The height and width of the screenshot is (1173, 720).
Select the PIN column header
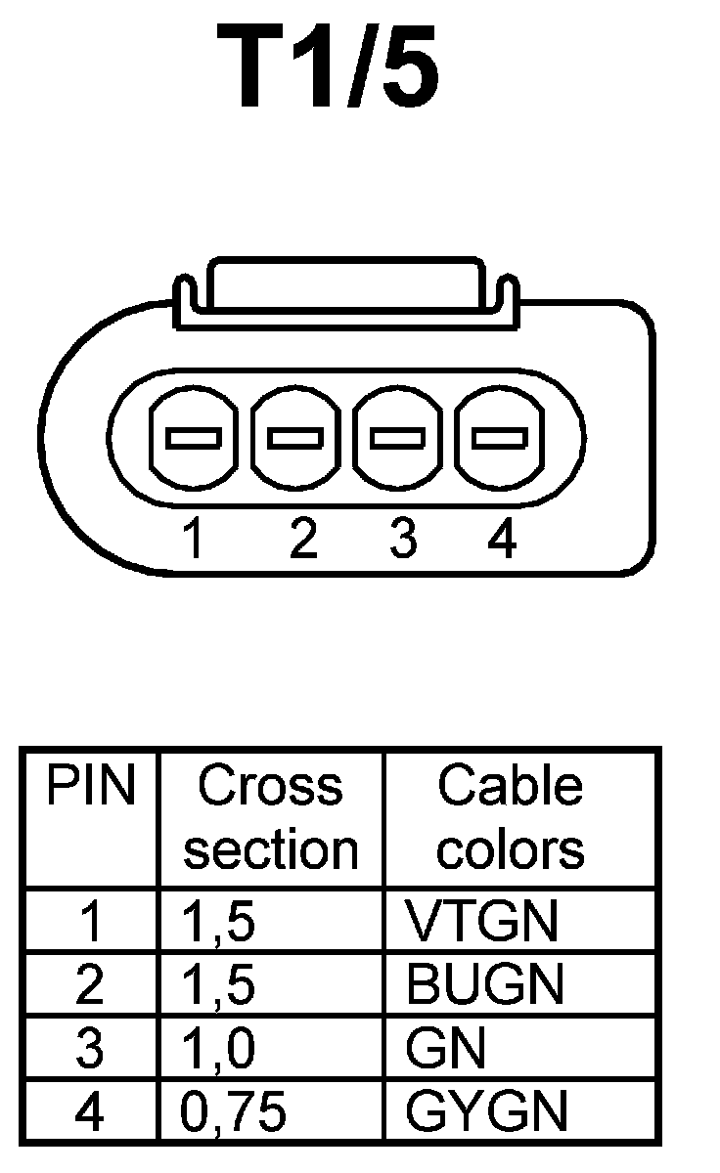[91, 787]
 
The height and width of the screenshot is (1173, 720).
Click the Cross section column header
[271, 819]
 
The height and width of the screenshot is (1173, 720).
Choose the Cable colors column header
[510, 819]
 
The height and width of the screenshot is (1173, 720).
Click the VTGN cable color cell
[481, 921]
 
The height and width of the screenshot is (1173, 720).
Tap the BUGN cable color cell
[484, 984]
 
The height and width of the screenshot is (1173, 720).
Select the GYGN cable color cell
[486, 1112]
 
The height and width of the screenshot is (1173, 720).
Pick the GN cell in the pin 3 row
[445, 1049]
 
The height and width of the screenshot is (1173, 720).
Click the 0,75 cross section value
[233, 1112]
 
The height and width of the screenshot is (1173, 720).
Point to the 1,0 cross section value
[219, 1049]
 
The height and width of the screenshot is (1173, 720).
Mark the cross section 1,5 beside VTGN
[219, 921]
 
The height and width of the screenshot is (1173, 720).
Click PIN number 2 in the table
[89, 984]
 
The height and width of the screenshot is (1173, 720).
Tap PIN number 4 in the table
[89, 1112]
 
